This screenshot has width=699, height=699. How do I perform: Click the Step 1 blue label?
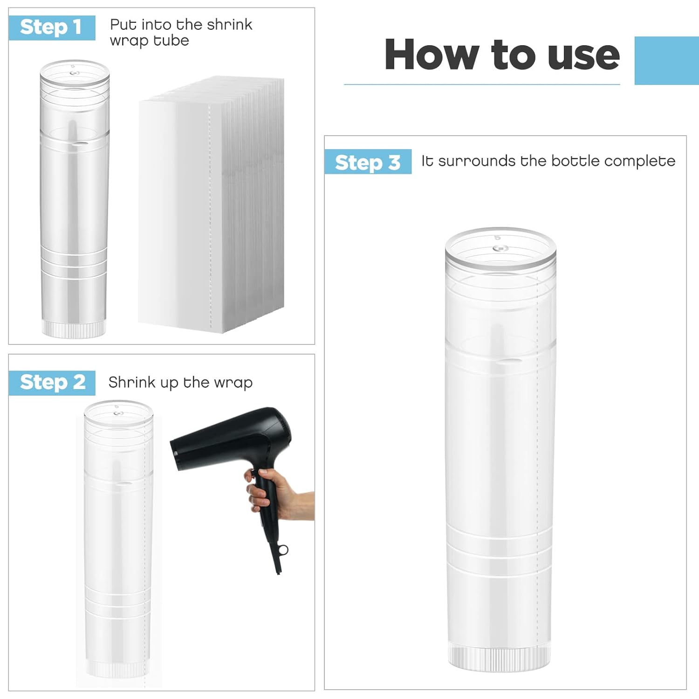52,28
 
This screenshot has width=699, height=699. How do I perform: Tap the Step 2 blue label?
52,383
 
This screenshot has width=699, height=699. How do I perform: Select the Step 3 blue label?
368,162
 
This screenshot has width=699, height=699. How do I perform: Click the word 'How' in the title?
432,55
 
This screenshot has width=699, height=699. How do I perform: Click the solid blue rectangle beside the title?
667,61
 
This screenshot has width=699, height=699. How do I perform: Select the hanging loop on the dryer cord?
283,551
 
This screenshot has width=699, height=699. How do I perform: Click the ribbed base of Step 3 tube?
499,658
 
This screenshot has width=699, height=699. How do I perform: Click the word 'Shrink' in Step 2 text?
132,383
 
